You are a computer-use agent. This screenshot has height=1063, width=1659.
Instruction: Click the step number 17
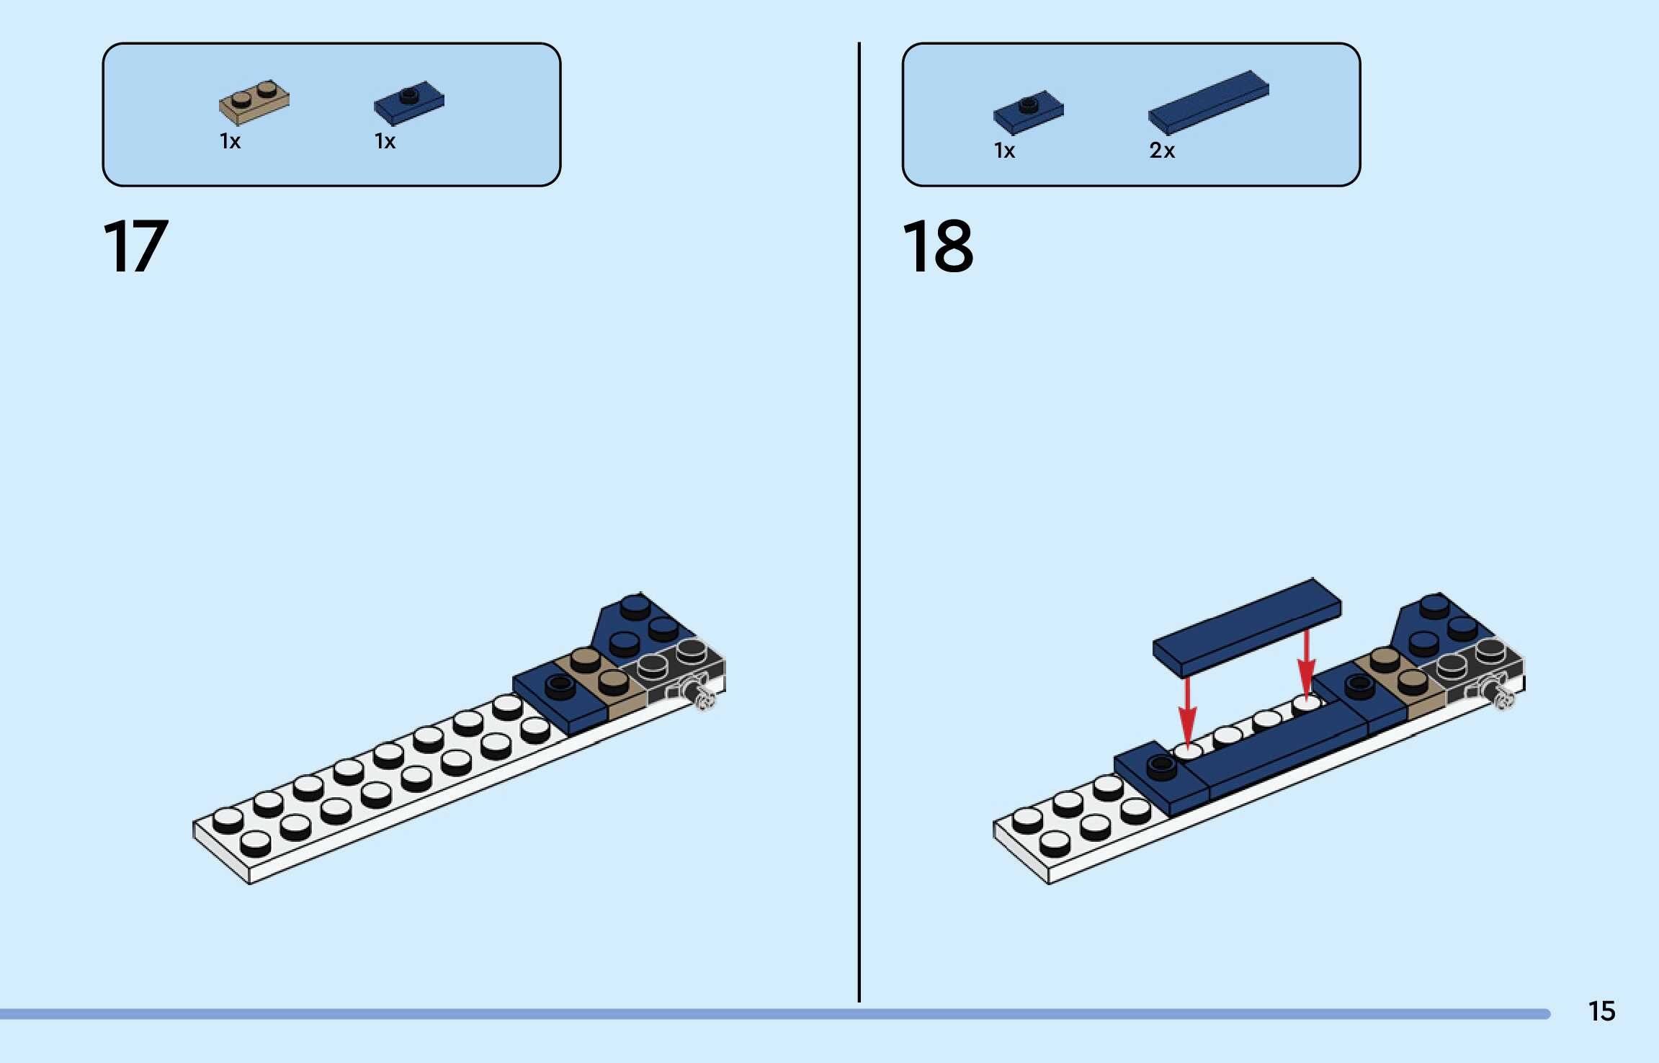pyautogui.click(x=136, y=246)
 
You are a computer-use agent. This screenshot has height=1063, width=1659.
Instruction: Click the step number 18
pyautogui.click(x=937, y=246)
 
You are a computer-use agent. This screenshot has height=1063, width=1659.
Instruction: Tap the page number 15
pyautogui.click(x=1601, y=1011)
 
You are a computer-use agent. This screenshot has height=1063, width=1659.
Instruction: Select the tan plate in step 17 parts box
pyautogui.click(x=254, y=102)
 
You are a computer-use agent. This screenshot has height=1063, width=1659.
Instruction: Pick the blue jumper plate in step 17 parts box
pyautogui.click(x=408, y=103)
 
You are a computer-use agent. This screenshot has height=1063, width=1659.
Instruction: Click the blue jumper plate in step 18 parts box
pyautogui.click(x=1028, y=112)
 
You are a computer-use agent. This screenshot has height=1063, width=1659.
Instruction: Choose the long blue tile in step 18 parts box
pyautogui.click(x=1208, y=102)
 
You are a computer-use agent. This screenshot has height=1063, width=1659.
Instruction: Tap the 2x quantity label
pyautogui.click(x=1161, y=151)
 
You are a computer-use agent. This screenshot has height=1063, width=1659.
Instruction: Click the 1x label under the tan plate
pyautogui.click(x=230, y=141)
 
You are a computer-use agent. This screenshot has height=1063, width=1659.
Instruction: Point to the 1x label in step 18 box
pyautogui.click(x=1004, y=151)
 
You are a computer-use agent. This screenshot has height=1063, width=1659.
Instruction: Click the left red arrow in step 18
pyautogui.click(x=1187, y=713)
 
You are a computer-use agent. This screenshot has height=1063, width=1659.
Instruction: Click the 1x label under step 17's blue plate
pyautogui.click(x=385, y=141)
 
